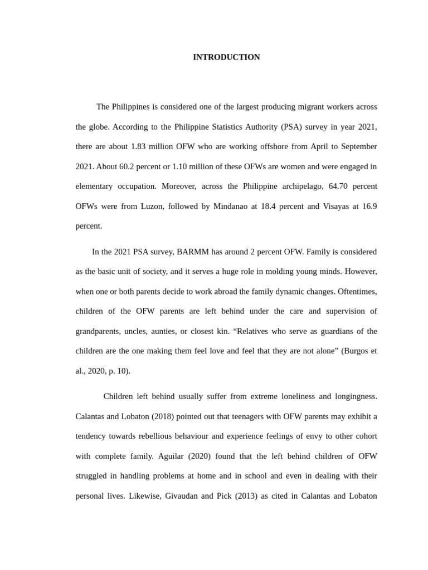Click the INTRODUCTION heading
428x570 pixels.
226,57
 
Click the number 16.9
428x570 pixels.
369,207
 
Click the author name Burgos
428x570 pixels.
356,351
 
